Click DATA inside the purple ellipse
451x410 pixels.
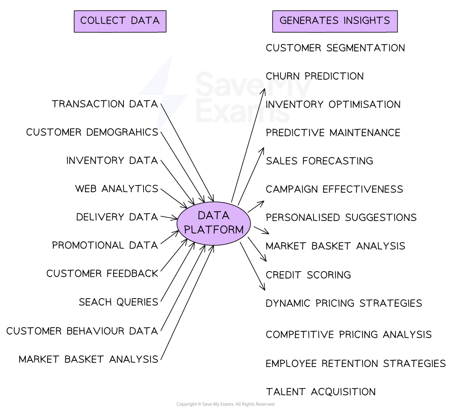tap(214, 215)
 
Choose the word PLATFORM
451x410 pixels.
tap(214, 229)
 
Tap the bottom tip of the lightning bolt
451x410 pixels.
tap(155, 134)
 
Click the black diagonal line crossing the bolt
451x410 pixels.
tap(165, 111)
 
